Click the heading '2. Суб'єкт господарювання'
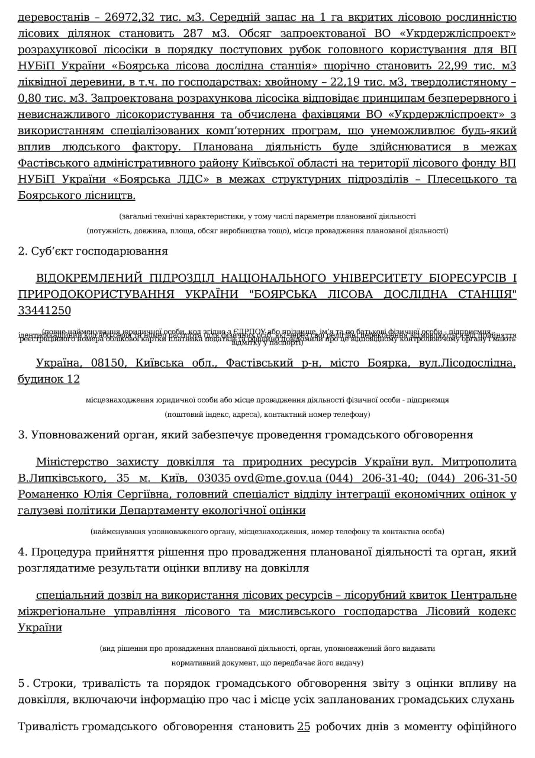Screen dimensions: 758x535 (93, 251)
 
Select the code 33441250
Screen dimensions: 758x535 (44, 310)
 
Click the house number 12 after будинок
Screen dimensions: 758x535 (73, 379)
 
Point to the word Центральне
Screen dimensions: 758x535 (484, 595)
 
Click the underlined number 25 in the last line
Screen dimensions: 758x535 (304, 727)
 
